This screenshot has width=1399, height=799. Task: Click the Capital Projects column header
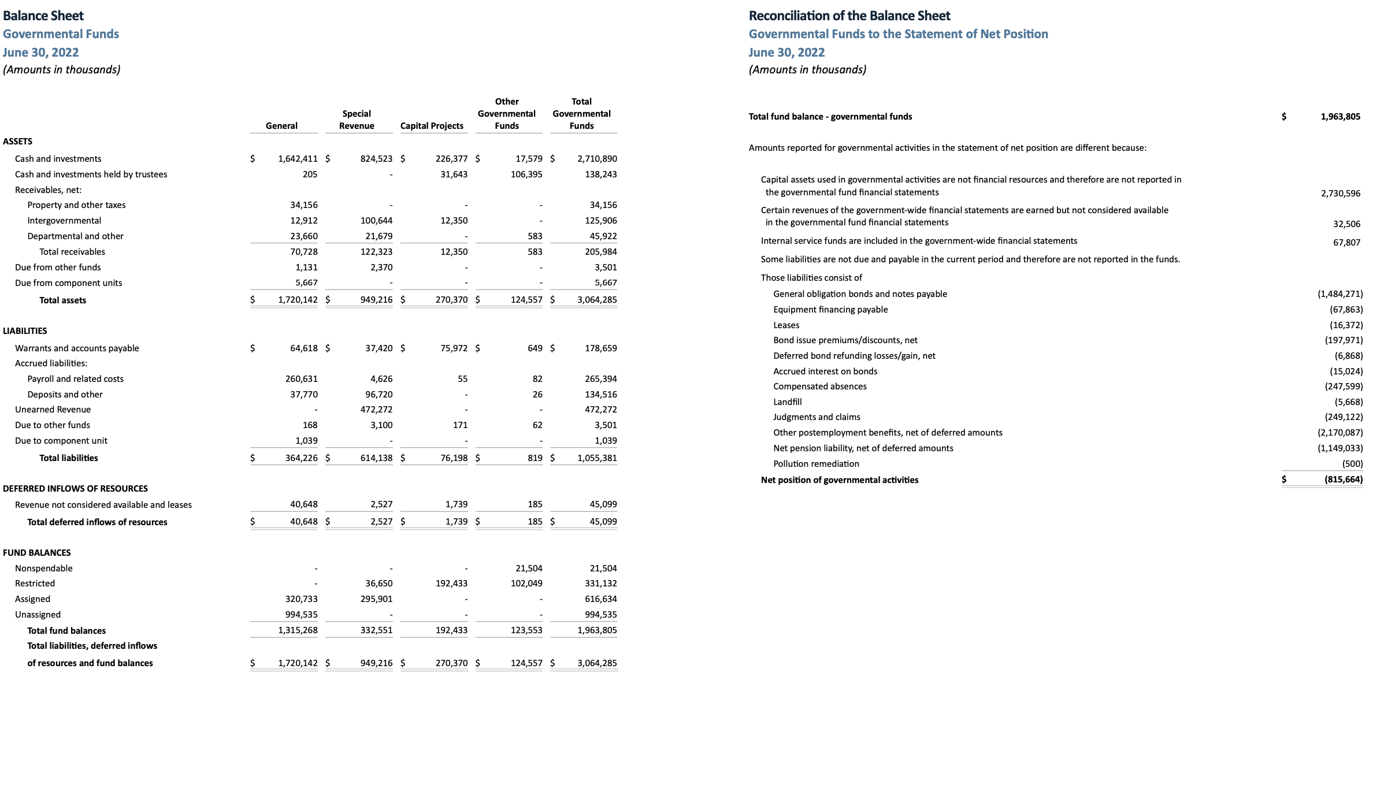point(432,126)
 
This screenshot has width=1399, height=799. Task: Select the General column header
point(281,126)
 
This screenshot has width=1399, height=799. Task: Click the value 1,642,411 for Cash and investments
point(297,159)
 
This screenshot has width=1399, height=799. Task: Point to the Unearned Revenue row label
point(53,410)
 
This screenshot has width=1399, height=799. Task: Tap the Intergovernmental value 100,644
point(376,221)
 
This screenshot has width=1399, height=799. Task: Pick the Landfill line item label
point(787,402)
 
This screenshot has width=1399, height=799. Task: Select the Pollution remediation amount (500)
point(1352,464)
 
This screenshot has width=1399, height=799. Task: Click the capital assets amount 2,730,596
point(1340,194)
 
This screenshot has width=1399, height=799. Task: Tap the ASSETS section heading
point(17,142)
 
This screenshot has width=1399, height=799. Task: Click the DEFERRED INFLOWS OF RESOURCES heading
point(75,489)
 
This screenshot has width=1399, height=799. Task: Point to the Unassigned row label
point(38,615)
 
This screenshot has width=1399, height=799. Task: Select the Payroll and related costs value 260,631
point(301,379)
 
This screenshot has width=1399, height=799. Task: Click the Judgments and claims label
point(816,417)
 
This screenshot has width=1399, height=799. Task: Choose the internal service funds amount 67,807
point(1346,243)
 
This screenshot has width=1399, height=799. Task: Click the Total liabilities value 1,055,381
point(597,458)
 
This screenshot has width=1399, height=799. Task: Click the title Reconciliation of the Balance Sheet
point(849,16)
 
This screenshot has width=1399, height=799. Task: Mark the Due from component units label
point(68,283)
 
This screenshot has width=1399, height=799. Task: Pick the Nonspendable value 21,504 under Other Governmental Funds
point(529,568)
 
